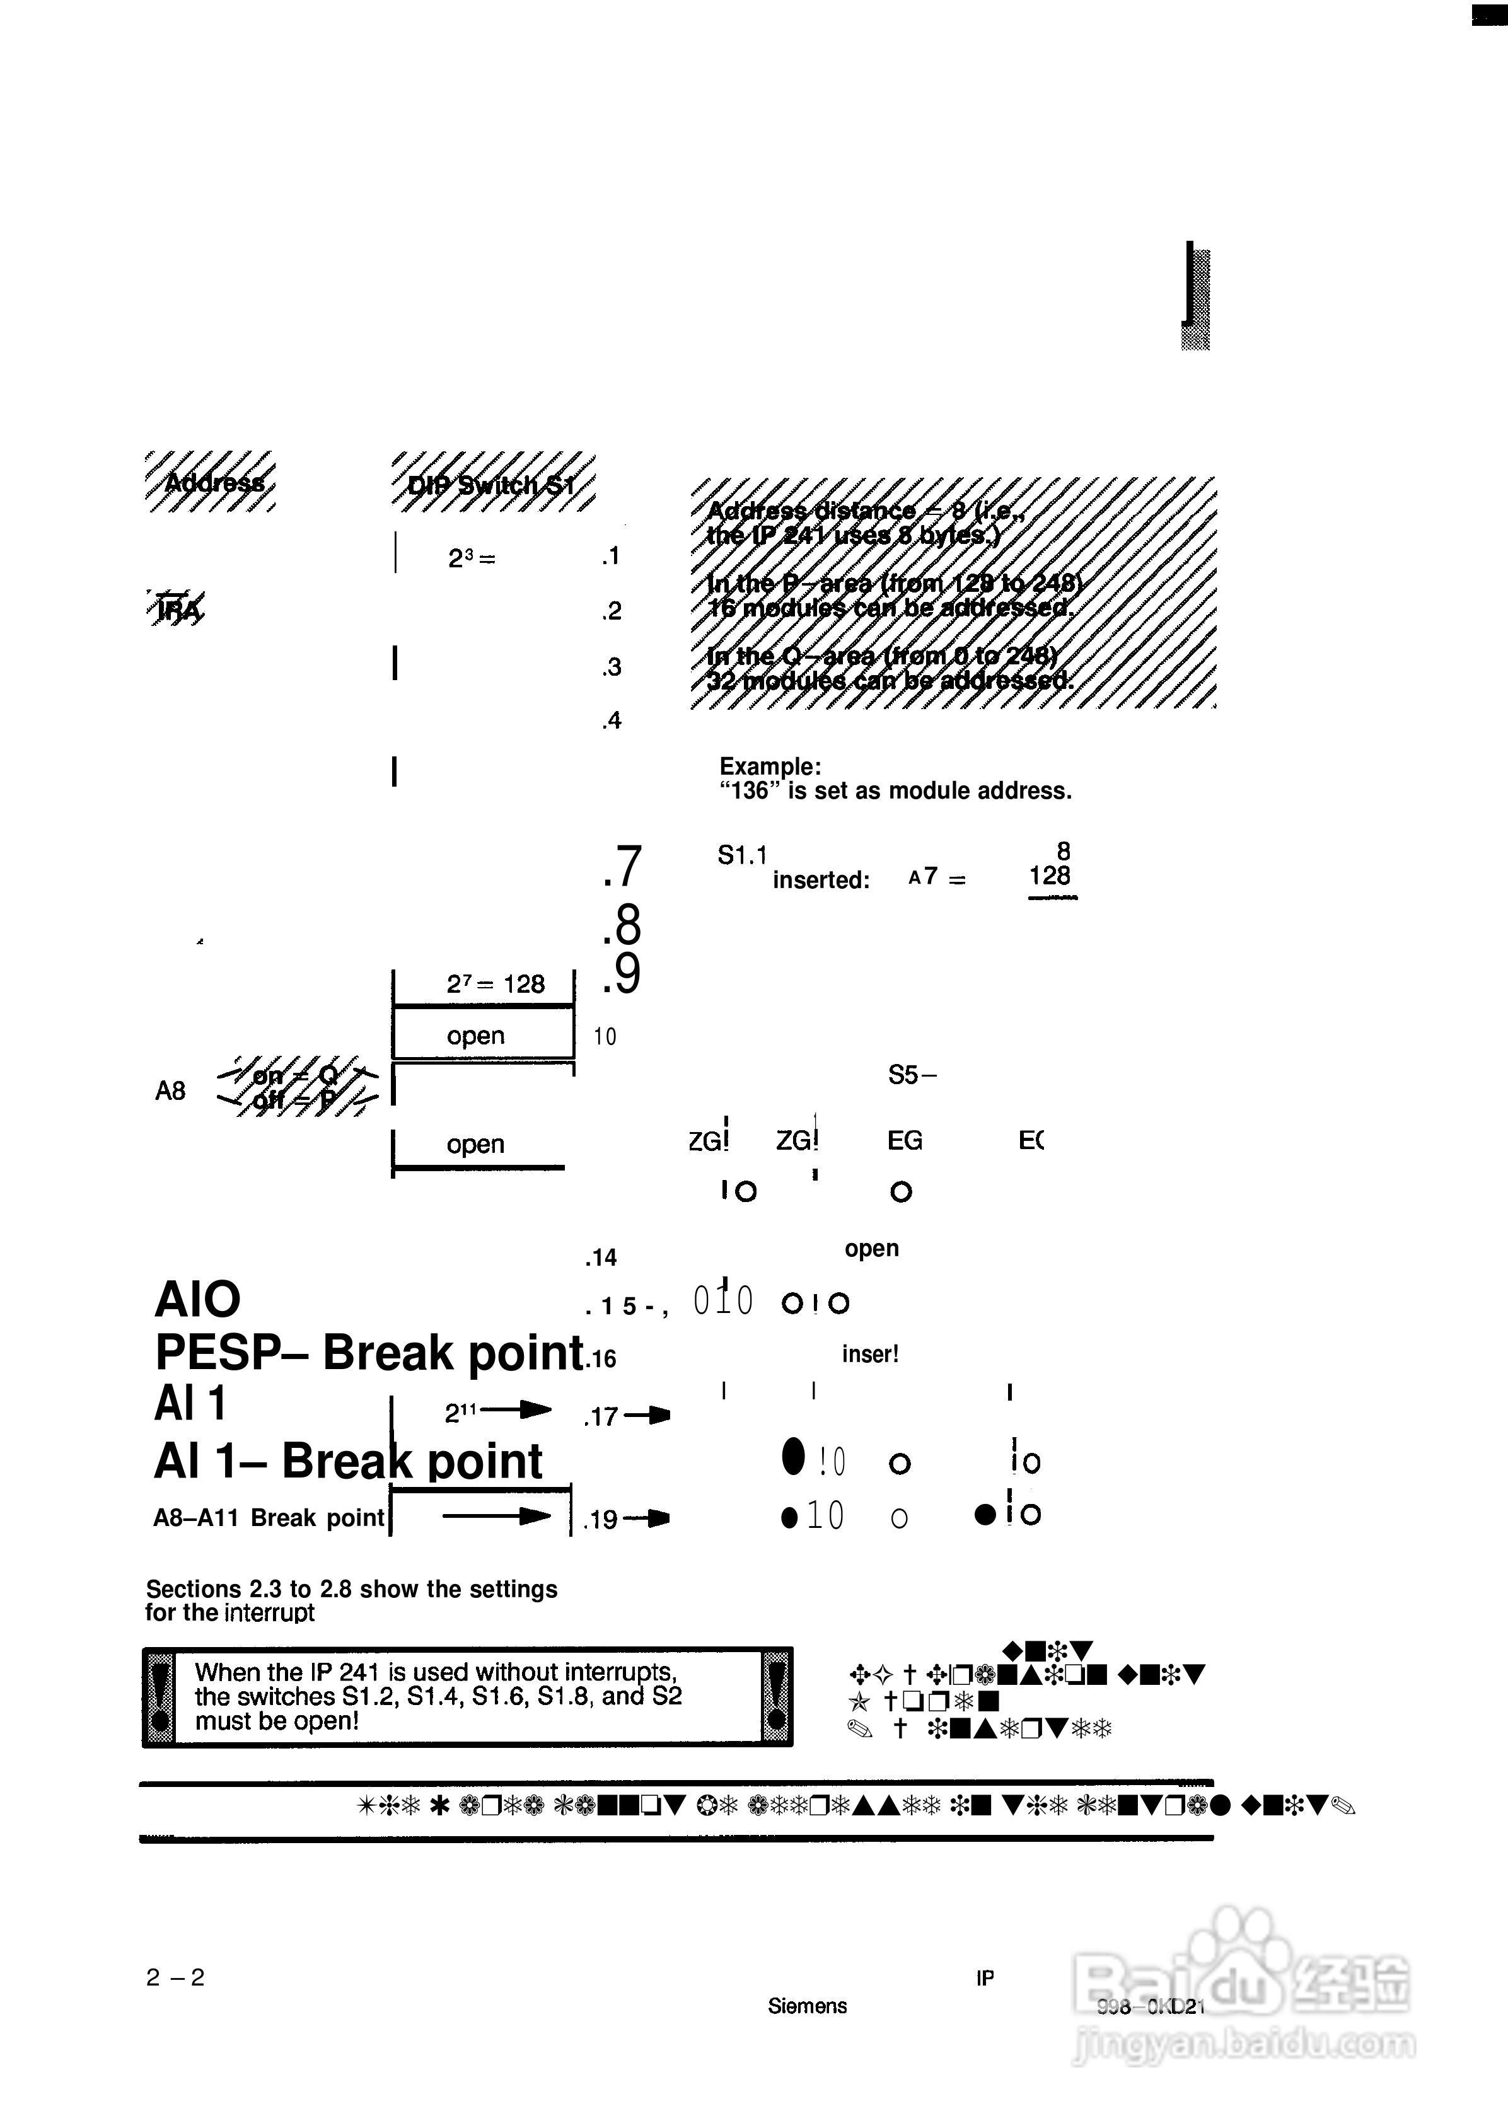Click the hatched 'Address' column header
pos(212,482)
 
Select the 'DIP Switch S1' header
pos(492,483)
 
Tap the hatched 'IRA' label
pos(177,609)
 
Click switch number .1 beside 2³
pos(610,556)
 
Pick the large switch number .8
pos(622,925)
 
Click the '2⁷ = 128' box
pos(494,984)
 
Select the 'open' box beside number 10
pos(475,1035)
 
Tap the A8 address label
pos(170,1091)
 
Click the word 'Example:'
pos(770,767)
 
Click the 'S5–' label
pos(912,1075)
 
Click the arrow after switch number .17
pos(648,1416)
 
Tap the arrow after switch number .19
pos(648,1519)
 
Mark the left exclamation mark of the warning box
pos(159,1697)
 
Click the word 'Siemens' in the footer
pos(807,2006)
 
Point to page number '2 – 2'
pos(175,1977)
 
